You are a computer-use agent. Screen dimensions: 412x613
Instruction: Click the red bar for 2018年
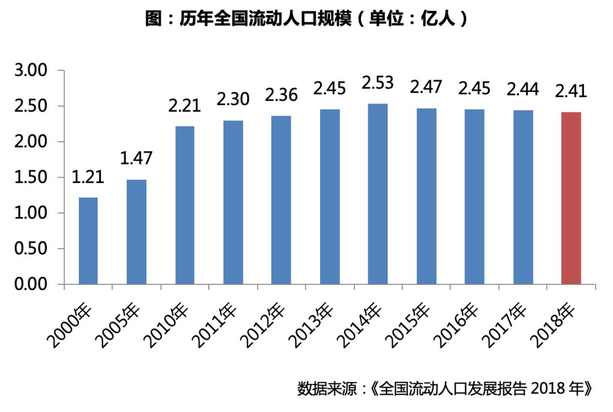click(571, 198)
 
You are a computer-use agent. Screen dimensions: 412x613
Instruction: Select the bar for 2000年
click(88, 241)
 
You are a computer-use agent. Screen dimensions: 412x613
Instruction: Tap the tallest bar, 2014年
click(378, 194)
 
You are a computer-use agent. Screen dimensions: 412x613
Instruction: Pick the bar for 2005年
click(136, 232)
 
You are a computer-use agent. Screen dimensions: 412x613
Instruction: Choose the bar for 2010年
click(185, 205)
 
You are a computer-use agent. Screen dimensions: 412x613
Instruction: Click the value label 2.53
click(378, 83)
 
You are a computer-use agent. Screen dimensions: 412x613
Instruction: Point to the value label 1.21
click(88, 177)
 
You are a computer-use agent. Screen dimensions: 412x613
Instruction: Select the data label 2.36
click(281, 95)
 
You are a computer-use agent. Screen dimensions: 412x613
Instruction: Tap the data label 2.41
click(570, 91)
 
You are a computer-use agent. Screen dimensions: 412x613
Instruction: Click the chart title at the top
click(306, 19)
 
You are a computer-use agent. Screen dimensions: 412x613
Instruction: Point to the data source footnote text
click(446, 389)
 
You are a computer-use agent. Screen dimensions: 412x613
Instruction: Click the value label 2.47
click(426, 88)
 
